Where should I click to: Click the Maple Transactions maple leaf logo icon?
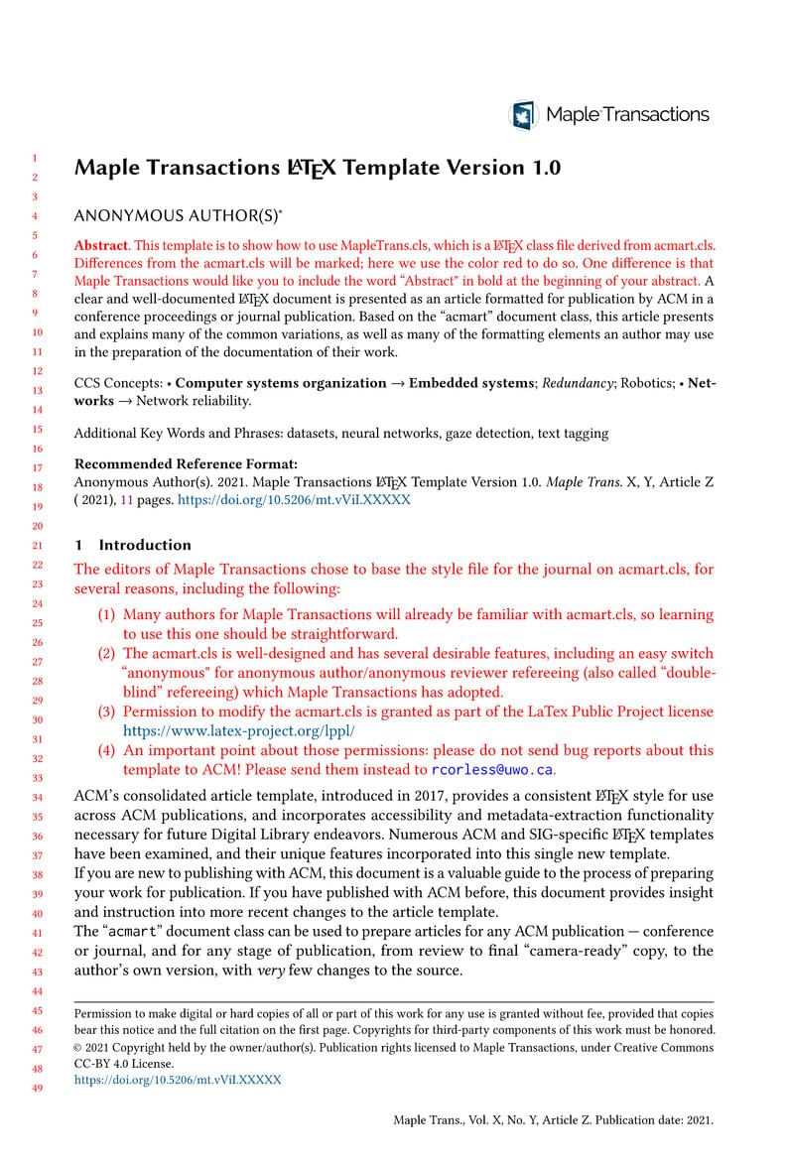(523, 115)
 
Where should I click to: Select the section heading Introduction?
(145, 545)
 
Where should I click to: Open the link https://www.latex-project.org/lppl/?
(238, 730)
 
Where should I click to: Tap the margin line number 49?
(38, 1089)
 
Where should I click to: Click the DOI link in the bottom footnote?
(178, 1079)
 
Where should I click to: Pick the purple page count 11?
(127, 501)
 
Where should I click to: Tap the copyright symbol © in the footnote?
(79, 1046)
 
